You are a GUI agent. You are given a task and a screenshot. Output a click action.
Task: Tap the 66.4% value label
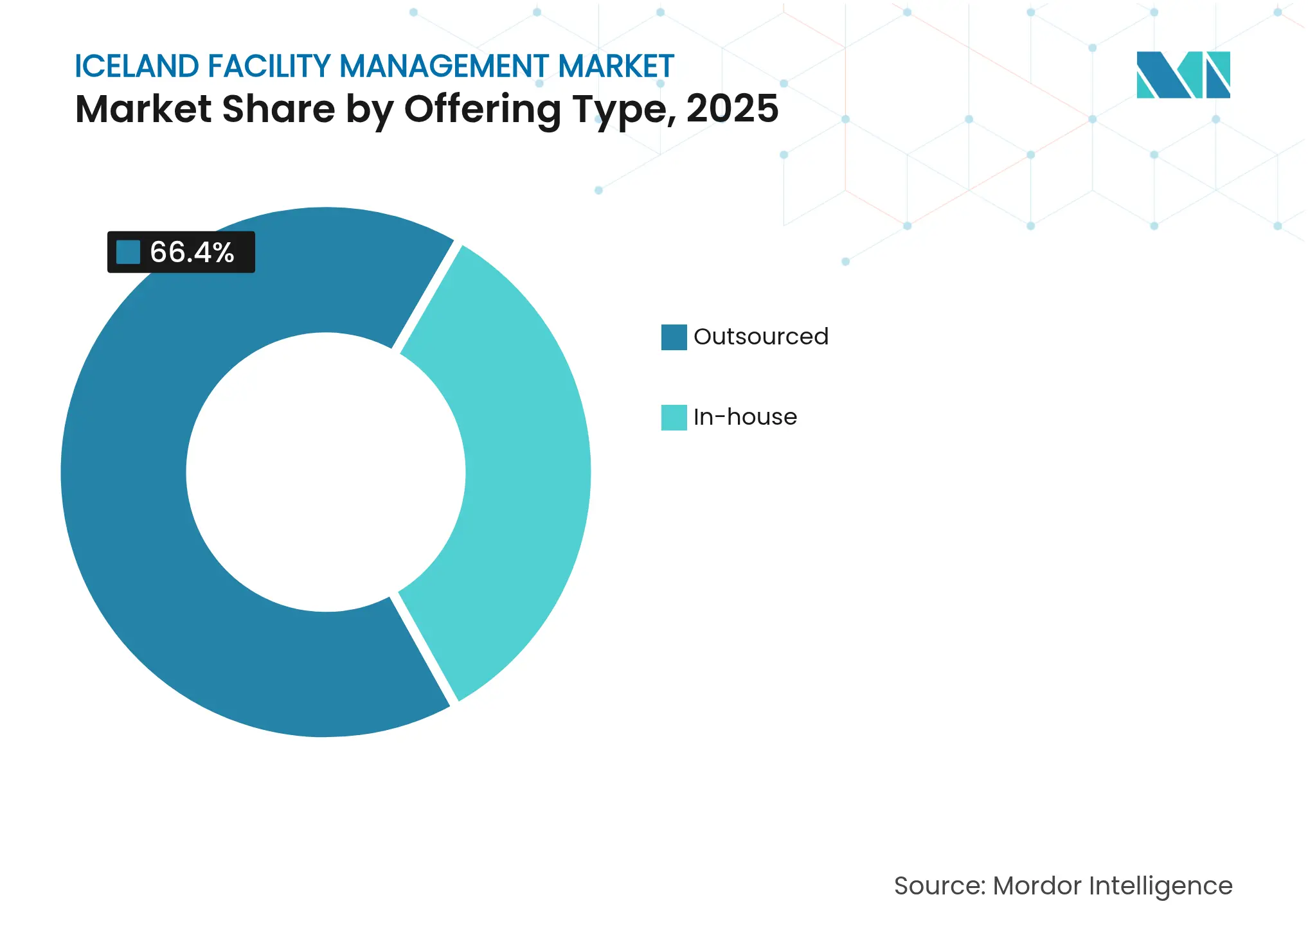click(x=192, y=252)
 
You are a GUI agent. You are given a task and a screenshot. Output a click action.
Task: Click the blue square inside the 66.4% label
click(x=128, y=252)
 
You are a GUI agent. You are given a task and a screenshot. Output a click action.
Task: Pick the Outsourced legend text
click(x=760, y=337)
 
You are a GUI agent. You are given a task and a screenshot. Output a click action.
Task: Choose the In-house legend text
click(x=745, y=417)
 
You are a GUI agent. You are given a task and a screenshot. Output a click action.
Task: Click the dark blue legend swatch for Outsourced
click(x=674, y=337)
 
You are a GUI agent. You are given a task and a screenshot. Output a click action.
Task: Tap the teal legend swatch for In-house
click(x=674, y=417)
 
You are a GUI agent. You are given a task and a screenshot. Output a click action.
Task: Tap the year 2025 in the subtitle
click(x=732, y=109)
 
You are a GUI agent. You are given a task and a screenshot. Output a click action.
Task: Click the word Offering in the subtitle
click(x=483, y=109)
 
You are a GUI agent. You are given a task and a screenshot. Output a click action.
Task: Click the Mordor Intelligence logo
click(x=1183, y=75)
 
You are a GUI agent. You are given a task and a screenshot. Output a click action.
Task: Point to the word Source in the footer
click(x=937, y=885)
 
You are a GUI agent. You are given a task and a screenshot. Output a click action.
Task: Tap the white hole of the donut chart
click(x=326, y=472)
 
